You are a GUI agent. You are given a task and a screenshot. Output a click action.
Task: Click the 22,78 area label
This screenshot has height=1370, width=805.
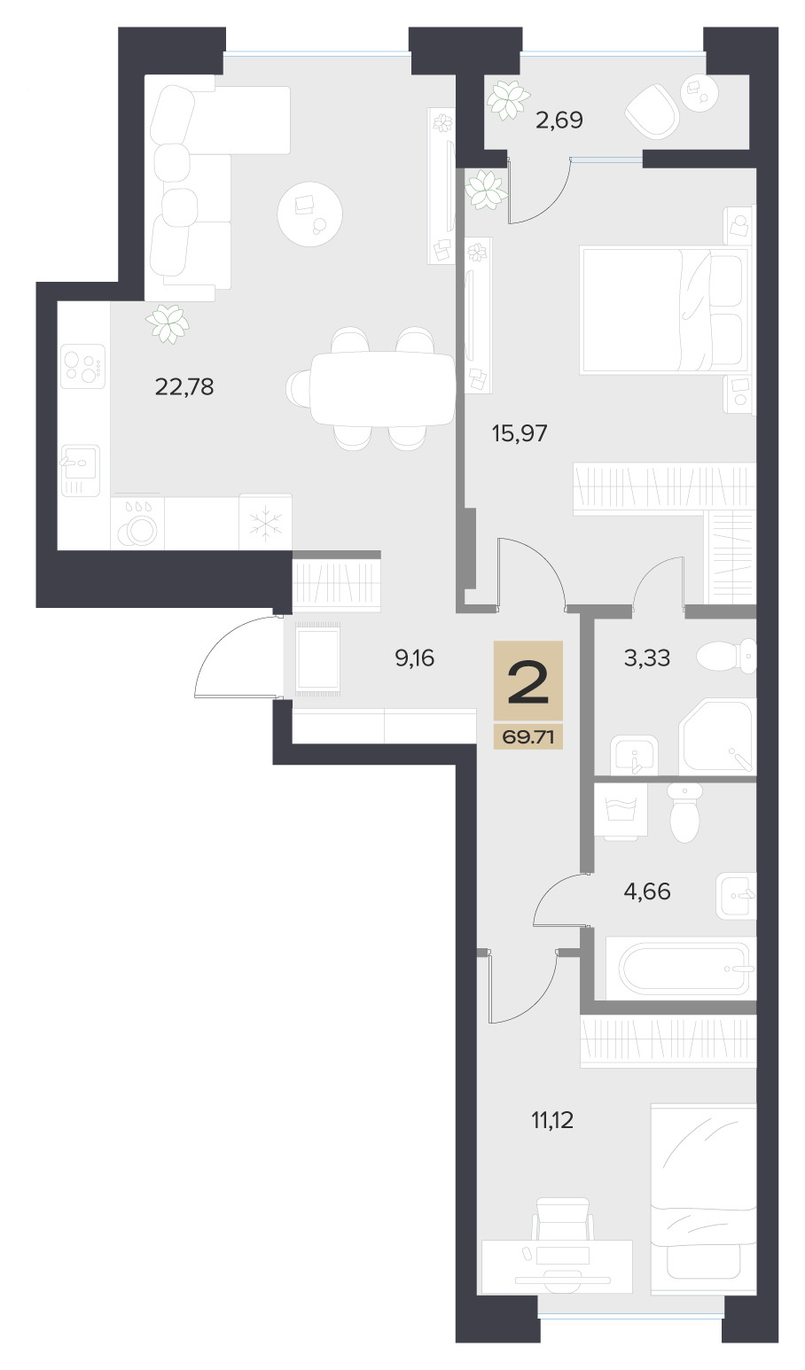(184, 387)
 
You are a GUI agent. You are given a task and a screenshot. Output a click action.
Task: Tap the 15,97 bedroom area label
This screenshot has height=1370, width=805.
(520, 433)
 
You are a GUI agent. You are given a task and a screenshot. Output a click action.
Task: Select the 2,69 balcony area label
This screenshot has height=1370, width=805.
(559, 121)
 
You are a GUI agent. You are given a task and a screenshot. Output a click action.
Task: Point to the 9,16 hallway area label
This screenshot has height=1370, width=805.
(415, 658)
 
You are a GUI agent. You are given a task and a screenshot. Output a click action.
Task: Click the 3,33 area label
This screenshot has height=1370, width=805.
(646, 658)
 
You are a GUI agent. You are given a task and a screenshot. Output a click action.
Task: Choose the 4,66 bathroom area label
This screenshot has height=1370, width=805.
(647, 891)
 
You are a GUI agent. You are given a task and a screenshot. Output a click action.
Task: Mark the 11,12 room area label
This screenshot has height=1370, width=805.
(551, 1120)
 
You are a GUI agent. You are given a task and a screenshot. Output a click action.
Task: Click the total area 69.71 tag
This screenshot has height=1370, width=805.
(528, 737)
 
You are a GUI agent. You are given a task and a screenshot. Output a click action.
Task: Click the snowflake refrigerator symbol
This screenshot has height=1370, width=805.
(265, 522)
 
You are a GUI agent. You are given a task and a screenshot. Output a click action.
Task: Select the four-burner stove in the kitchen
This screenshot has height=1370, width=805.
(82, 366)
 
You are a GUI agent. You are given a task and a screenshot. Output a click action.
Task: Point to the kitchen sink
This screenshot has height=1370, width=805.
(80, 470)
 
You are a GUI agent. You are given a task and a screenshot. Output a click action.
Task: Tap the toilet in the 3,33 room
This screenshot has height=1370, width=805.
(727, 657)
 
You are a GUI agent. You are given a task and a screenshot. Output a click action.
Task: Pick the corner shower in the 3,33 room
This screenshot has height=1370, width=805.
(717, 736)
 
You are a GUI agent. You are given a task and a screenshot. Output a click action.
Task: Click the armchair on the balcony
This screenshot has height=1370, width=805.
(653, 111)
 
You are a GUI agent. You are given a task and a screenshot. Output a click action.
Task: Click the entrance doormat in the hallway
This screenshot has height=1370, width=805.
(318, 658)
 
